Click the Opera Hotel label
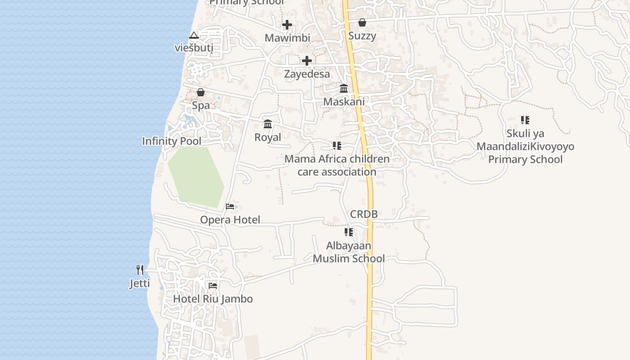click(x=230, y=220)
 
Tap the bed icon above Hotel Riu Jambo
click(x=213, y=285)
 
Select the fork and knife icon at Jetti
click(x=140, y=270)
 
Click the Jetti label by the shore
click(x=140, y=283)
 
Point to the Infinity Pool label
click(x=172, y=141)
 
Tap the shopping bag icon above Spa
click(x=201, y=92)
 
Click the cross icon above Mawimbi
click(x=287, y=25)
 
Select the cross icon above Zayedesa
click(x=307, y=61)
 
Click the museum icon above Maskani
click(x=344, y=88)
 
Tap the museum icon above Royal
click(x=268, y=124)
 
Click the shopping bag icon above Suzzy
click(x=362, y=22)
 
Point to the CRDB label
click(x=364, y=214)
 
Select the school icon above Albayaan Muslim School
click(x=349, y=232)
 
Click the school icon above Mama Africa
click(x=337, y=146)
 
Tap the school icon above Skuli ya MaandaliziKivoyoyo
click(x=525, y=120)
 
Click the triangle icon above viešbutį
click(x=194, y=35)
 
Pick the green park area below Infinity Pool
click(x=196, y=175)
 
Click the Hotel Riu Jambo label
click(x=213, y=299)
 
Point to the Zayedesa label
click(x=307, y=74)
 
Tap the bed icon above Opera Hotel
click(x=230, y=207)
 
